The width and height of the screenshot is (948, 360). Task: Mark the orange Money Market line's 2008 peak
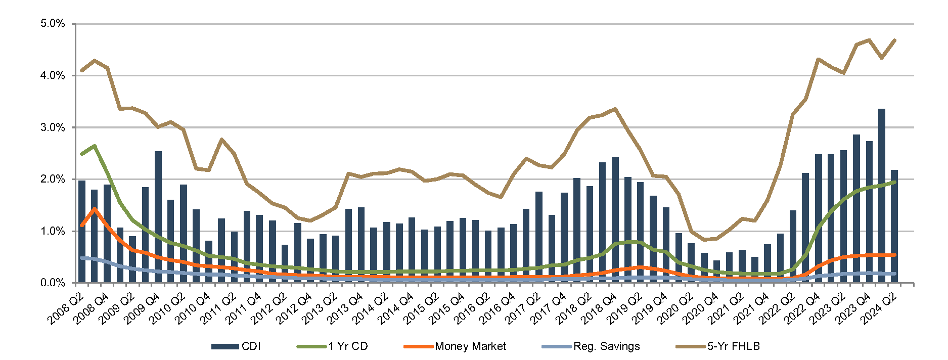click(95, 209)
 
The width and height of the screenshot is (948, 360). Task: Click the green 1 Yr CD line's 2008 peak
click(95, 146)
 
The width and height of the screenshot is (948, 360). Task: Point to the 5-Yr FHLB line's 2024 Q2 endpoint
click(894, 40)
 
